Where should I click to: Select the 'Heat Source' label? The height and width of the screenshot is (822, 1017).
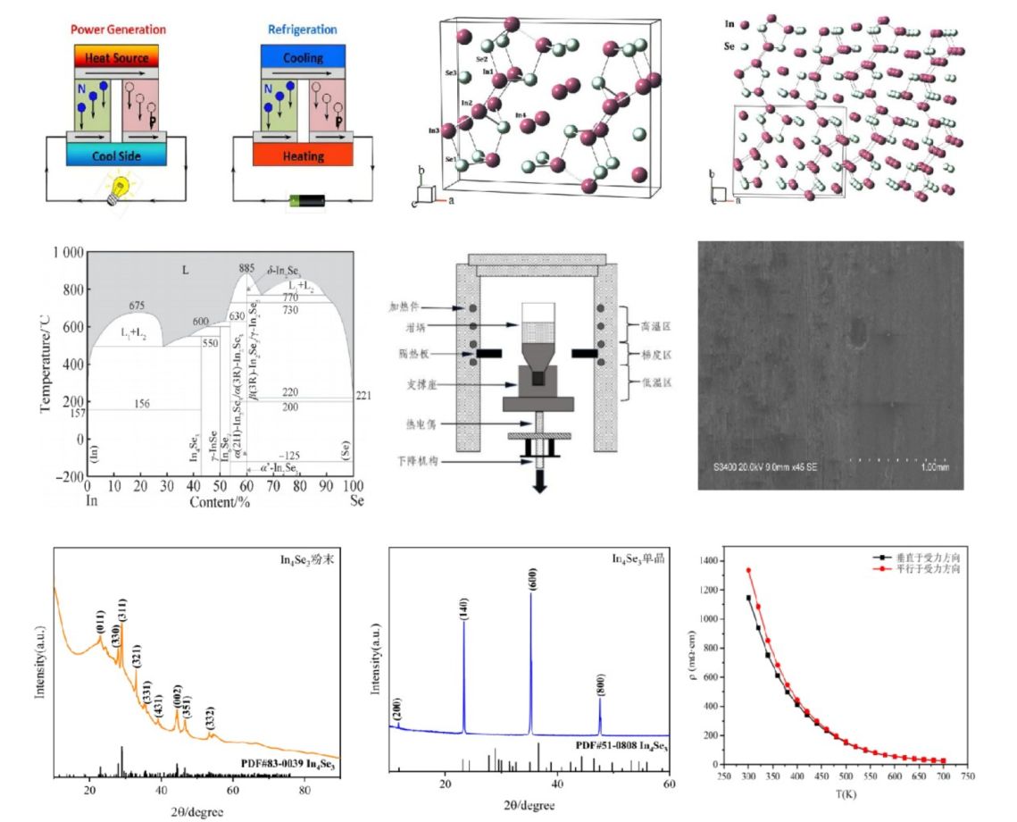[115, 55]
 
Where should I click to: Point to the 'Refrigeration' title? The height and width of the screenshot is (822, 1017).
[302, 29]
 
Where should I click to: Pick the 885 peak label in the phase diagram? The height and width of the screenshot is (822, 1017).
[247, 268]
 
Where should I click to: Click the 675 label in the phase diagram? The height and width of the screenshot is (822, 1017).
[137, 306]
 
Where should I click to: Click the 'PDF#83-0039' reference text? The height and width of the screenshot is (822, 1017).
[271, 765]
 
